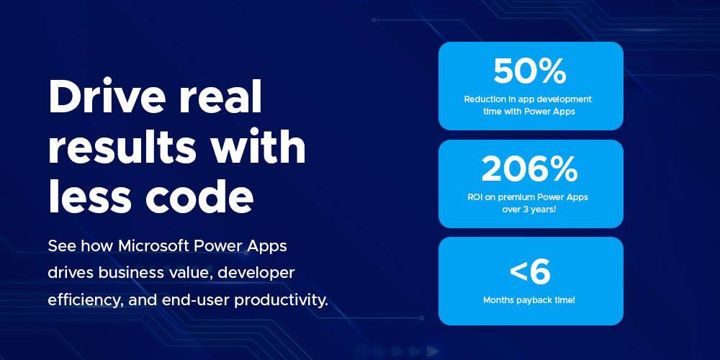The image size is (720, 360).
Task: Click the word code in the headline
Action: tap(199, 196)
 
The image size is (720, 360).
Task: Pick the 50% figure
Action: tap(531, 71)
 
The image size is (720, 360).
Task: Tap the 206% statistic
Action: tap(530, 169)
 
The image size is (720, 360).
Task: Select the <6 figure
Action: tap(531, 272)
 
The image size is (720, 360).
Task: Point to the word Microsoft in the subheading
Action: tap(154, 246)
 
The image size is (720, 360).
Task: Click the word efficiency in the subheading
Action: tap(86, 301)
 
